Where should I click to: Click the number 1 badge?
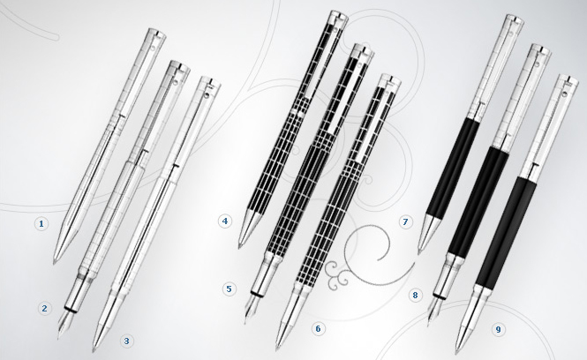click(41, 224)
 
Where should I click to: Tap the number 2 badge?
click(44, 308)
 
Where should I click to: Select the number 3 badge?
click(126, 341)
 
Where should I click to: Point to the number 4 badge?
click(224, 221)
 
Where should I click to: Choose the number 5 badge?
click(230, 289)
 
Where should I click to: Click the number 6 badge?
click(318, 328)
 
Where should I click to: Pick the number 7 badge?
click(405, 222)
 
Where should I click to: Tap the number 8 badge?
click(415, 295)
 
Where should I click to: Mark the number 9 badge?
click(498, 329)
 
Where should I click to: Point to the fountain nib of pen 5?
click(251, 309)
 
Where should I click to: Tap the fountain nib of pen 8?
click(434, 310)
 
